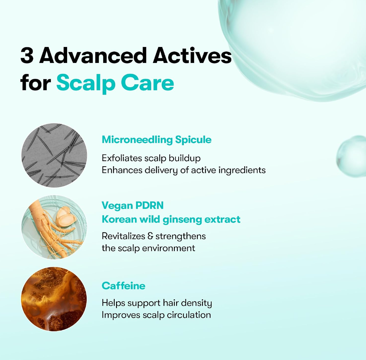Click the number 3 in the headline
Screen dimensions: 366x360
pyautogui.click(x=27, y=55)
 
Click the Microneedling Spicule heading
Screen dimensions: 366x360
pyautogui.click(x=157, y=140)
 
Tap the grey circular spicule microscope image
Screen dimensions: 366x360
pyautogui.click(x=54, y=155)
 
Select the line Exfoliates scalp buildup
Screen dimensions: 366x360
pyautogui.click(x=151, y=158)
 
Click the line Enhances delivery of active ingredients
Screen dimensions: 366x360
pyautogui.click(x=183, y=170)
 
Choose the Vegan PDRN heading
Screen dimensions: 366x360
pyautogui.click(x=133, y=206)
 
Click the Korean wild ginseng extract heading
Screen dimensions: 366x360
pyautogui.click(x=171, y=219)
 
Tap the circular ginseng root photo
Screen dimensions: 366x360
pyautogui.click(x=54, y=227)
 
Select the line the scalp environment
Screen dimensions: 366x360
pyautogui.click(x=148, y=248)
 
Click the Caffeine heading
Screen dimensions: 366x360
pyautogui.click(x=123, y=286)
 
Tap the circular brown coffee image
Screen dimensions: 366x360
pyautogui.click(x=54, y=299)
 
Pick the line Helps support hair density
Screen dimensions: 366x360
pyautogui.click(x=157, y=303)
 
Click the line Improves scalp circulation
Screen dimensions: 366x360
pyautogui.click(x=156, y=315)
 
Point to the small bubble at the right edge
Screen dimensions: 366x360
pyautogui.click(x=352, y=156)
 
